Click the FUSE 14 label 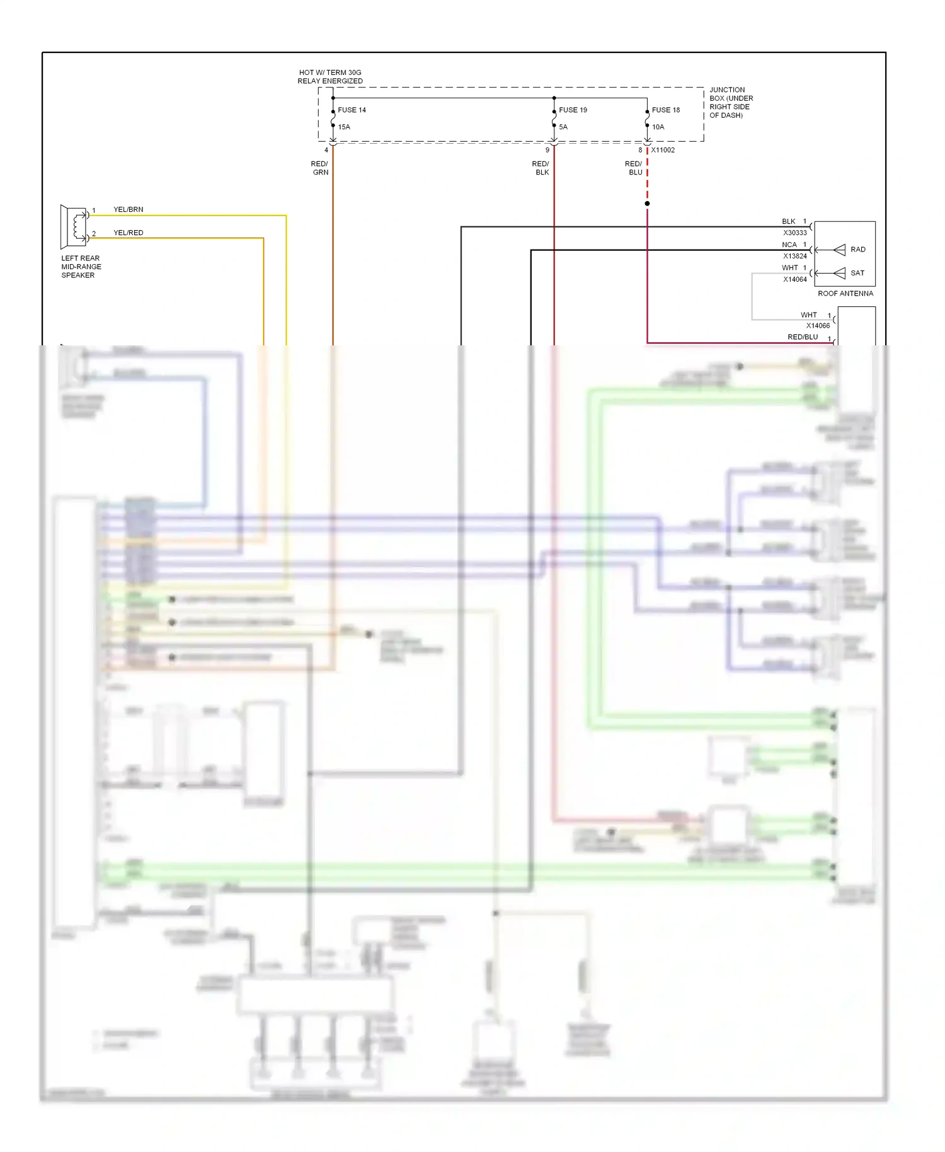pos(352,110)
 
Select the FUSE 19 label pos(573,110)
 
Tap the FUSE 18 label pos(666,110)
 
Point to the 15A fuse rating pos(344,127)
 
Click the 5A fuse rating pos(563,127)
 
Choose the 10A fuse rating pos(658,127)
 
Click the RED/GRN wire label pos(320,168)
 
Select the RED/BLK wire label pos(541,168)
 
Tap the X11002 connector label pos(663,150)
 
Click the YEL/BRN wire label pos(128,209)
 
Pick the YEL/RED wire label pos(128,233)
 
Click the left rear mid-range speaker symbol pos(73,226)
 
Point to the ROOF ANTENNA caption pos(845,294)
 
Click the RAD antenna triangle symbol pos(839,250)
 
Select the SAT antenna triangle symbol pos(839,273)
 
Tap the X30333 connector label pos(794,233)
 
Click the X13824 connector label pos(794,256)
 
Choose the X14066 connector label pos(818,326)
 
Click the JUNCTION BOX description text pos(731,103)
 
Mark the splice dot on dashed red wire pos(647,204)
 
